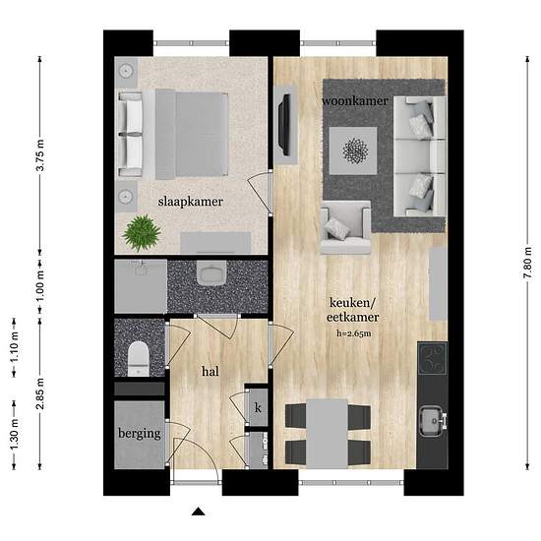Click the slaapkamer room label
click(x=191, y=202)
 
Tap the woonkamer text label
click(x=355, y=101)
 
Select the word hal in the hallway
click(x=210, y=371)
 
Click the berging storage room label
click(x=140, y=434)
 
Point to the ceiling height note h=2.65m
click(x=354, y=333)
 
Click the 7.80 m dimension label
click(x=527, y=263)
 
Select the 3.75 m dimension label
click(x=40, y=154)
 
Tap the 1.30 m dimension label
click(x=14, y=434)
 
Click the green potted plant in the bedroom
click(x=142, y=232)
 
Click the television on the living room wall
click(x=284, y=125)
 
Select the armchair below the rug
click(x=345, y=227)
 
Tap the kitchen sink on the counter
click(x=431, y=421)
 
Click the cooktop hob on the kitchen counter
click(x=433, y=358)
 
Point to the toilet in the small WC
click(x=139, y=359)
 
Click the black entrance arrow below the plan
click(x=198, y=511)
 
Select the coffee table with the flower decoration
click(x=353, y=150)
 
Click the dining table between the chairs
click(x=328, y=434)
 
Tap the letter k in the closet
click(x=258, y=408)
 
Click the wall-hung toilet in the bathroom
click(x=211, y=273)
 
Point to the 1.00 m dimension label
click(x=40, y=286)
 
